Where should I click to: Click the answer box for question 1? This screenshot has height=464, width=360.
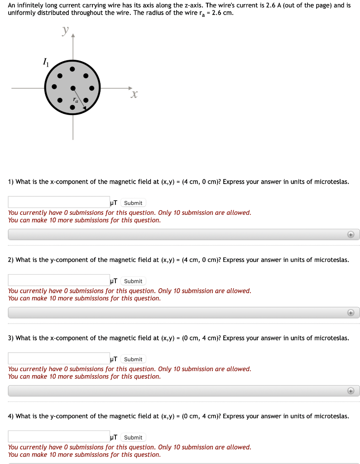tap(59, 202)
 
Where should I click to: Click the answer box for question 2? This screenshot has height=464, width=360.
tap(59, 280)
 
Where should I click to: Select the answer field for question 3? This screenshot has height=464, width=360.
tap(59, 358)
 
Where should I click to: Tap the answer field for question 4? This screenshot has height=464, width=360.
tap(59, 437)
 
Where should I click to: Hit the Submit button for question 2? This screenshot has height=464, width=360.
tap(133, 281)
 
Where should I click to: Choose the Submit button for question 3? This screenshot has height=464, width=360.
tap(133, 359)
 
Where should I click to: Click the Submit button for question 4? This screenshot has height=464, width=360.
tap(133, 437)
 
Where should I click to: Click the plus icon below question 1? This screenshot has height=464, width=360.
tap(350, 234)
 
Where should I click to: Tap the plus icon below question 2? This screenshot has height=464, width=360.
tap(350, 313)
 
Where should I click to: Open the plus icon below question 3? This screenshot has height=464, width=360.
tap(350, 391)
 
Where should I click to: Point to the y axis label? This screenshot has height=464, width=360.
tap(66, 31)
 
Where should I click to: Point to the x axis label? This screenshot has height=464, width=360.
tap(134, 94)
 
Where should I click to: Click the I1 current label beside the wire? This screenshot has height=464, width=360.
tap(45, 62)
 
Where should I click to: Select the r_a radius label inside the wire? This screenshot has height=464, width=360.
tap(76, 100)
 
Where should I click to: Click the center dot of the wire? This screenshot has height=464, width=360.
tap(72, 88)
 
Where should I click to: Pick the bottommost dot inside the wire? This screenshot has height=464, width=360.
tap(72, 107)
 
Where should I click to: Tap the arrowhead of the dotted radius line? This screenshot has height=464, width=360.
tap(85, 107)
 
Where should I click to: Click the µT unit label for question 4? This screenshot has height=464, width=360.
tap(114, 437)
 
